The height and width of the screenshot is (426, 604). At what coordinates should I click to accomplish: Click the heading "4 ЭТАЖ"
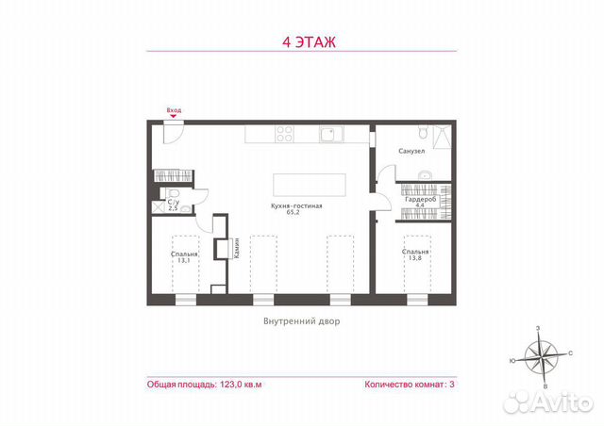[x=302, y=41]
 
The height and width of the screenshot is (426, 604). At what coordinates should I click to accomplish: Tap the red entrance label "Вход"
[x=174, y=110]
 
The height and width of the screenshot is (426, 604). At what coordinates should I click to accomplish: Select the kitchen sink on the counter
[x=328, y=135]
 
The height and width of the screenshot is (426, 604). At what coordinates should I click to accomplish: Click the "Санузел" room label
[x=411, y=151]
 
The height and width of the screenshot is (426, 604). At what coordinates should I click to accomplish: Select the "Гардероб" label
[x=419, y=200]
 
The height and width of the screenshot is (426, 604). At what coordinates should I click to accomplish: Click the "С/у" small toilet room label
[x=173, y=201]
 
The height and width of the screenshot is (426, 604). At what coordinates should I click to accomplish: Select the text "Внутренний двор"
[x=301, y=320]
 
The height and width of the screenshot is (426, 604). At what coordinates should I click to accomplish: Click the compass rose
[x=542, y=355]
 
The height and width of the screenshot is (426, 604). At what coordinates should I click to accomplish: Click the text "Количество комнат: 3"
[x=409, y=385]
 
